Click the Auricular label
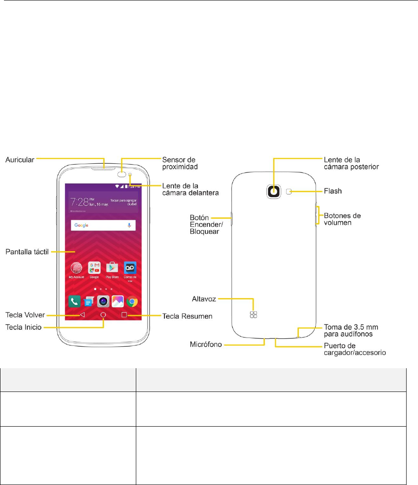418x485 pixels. tap(20, 159)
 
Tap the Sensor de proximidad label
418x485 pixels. tap(178, 162)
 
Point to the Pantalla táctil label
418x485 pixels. tap(26, 252)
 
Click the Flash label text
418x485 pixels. tap(333, 191)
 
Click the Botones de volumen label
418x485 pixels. tap(342, 219)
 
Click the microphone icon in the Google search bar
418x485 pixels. tap(129, 225)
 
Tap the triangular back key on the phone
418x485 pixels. tap(82, 315)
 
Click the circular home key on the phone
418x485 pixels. tap(103, 315)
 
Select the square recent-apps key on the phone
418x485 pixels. tap(124, 315)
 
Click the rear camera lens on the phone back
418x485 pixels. tap(274, 191)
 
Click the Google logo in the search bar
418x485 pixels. tap(81, 225)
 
